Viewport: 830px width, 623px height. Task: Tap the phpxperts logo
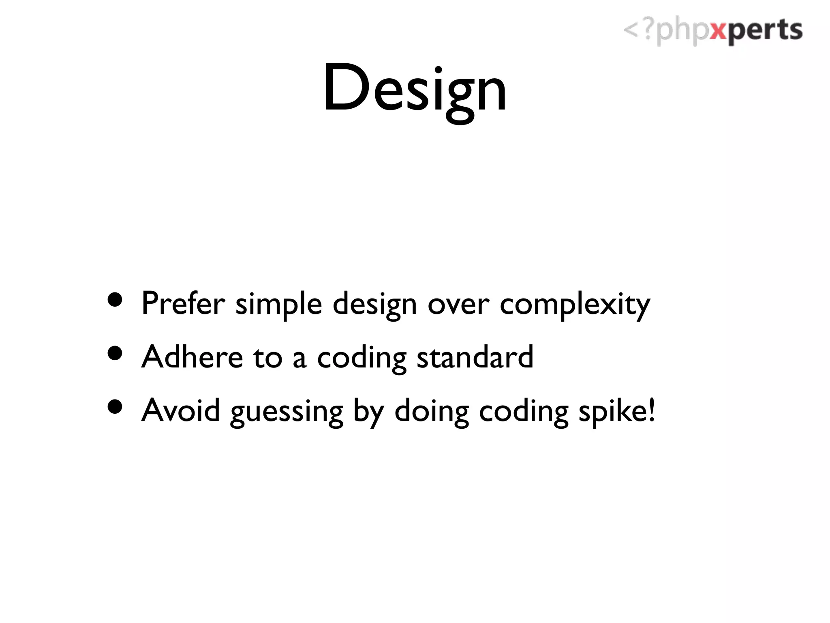pyautogui.click(x=712, y=31)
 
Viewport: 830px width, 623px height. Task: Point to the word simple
pyautogui.click(x=279, y=305)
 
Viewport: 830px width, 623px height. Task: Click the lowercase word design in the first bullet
pyautogui.click(x=374, y=305)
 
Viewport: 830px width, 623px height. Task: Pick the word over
pyautogui.click(x=458, y=305)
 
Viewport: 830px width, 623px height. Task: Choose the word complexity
pyautogui.click(x=575, y=305)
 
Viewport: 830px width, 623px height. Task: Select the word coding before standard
pyautogui.click(x=362, y=359)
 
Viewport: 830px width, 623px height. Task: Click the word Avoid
pyautogui.click(x=181, y=410)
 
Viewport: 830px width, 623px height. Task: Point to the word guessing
pyautogui.click(x=287, y=413)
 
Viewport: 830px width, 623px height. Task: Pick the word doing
pyautogui.click(x=432, y=412)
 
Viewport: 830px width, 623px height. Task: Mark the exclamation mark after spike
pyautogui.click(x=651, y=410)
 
